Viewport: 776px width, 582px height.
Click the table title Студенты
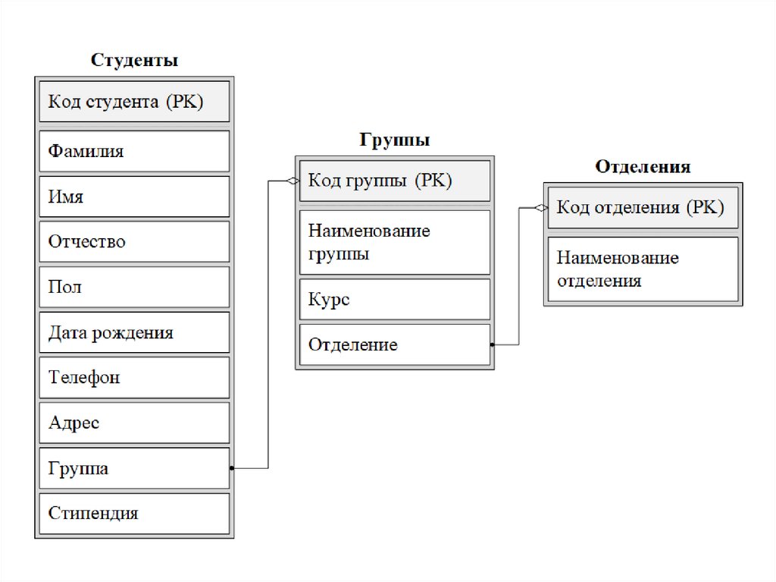135,61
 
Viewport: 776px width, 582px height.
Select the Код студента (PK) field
134,102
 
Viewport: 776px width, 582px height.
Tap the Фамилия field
134,151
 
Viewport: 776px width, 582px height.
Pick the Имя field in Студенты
134,197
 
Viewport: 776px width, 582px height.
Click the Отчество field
134,242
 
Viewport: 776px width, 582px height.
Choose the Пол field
134,287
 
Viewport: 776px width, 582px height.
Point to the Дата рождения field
134,332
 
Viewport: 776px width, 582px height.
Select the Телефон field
134,377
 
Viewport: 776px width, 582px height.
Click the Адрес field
134,423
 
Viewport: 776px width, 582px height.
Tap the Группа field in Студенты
134,468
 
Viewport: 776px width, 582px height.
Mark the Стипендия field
134,513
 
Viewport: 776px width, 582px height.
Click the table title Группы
395,140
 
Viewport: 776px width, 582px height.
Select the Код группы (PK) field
395,181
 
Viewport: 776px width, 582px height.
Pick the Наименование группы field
395,242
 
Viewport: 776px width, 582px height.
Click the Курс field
395,300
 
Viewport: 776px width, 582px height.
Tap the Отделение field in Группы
395,345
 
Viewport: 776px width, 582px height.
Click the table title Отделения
643,167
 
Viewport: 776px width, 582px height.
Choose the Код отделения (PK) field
643,207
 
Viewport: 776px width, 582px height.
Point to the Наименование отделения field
643,269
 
